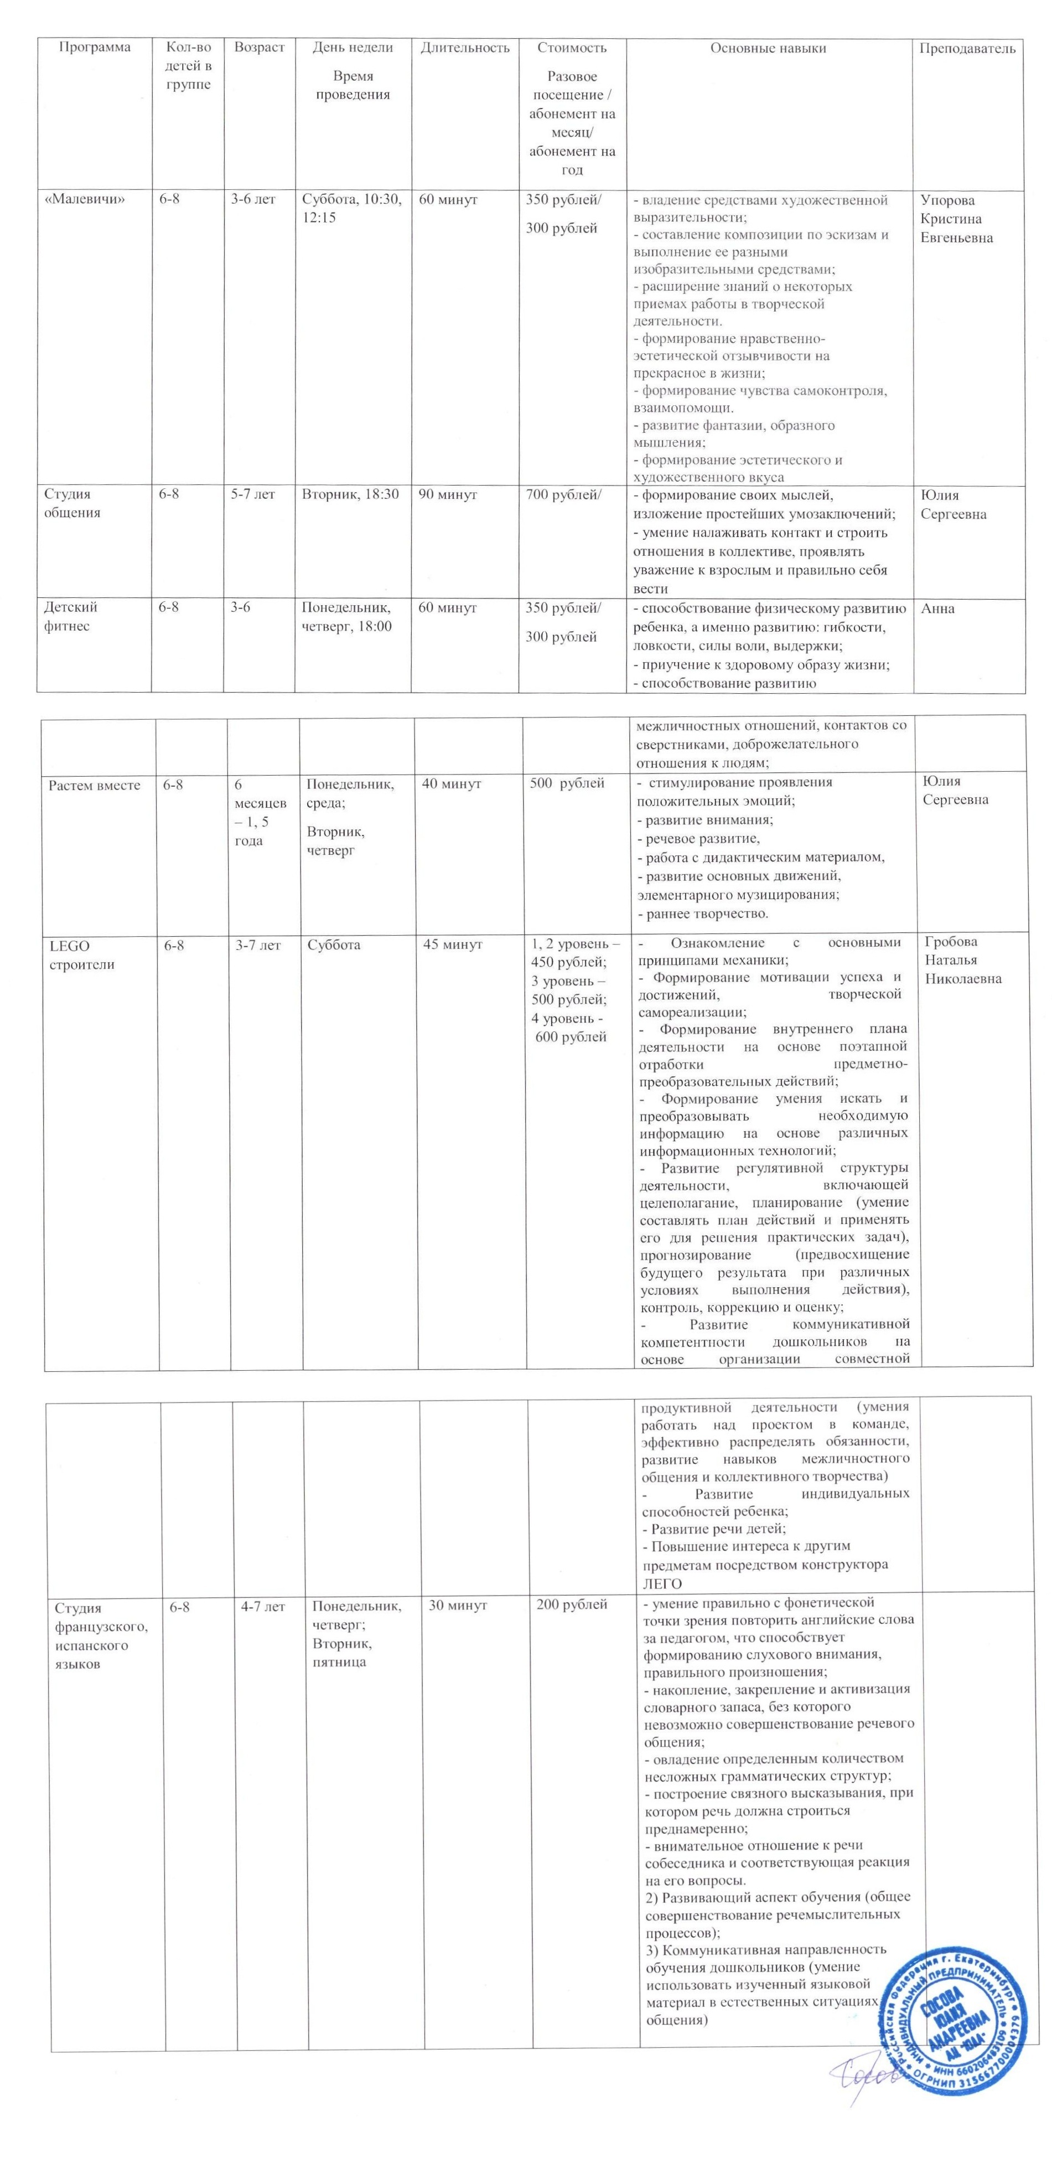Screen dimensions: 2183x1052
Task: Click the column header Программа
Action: [95, 48]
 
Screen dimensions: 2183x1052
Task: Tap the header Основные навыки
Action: [768, 48]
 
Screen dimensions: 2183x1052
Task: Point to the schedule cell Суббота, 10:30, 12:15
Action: [351, 209]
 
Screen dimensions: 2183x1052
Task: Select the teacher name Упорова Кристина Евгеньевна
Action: [956, 219]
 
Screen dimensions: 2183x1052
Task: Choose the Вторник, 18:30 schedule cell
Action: [350, 495]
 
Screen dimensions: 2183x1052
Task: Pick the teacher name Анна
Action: [937, 608]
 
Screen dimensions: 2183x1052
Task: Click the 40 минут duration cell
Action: [450, 785]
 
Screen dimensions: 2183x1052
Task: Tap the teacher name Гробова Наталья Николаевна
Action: [962, 960]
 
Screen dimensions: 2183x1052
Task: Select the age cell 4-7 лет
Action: [262, 1607]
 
